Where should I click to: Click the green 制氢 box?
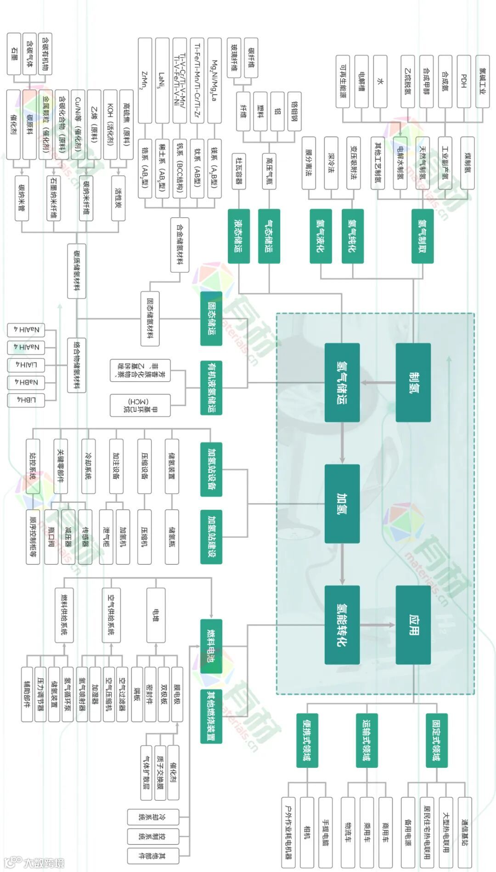[413, 382]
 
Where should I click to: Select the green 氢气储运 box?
[342, 382]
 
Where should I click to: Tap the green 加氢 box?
[342, 504]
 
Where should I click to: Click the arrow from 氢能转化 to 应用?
[378, 625]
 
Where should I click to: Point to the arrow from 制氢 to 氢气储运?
[378, 382]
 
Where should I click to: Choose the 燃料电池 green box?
[211, 646]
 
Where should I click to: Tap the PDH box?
[463, 81]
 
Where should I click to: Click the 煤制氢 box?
[467, 163]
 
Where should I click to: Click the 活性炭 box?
[118, 198]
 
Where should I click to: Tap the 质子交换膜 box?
[160, 772]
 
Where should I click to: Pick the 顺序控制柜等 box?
[33, 536]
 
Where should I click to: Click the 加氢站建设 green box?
[211, 536]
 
